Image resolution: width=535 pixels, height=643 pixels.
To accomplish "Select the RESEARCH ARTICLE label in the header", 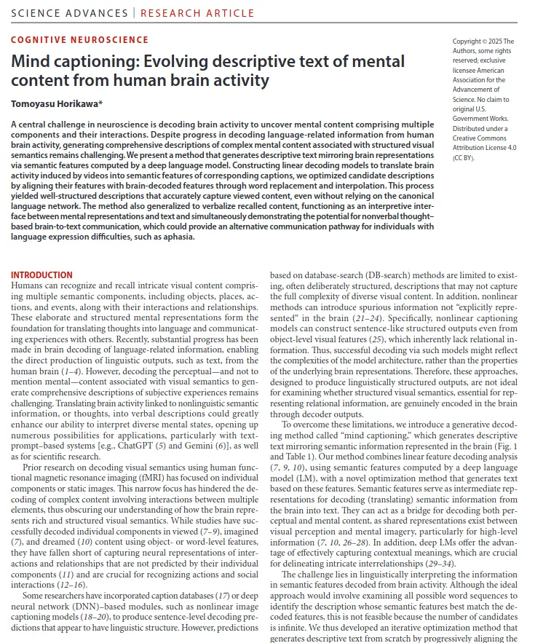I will pos(197,13).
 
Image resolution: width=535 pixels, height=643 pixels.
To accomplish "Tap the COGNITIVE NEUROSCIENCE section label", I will pos(79,40).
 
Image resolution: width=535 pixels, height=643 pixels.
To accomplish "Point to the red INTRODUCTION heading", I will pos(41,275).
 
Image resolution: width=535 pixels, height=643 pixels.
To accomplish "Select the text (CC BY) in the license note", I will pos(467,157).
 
